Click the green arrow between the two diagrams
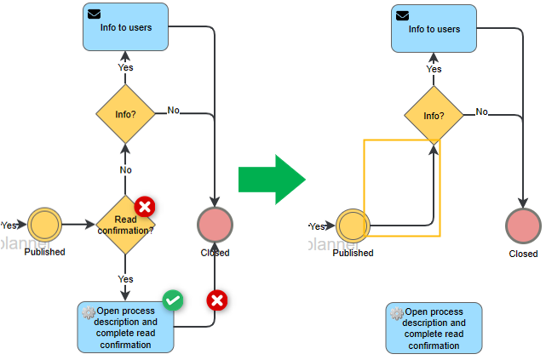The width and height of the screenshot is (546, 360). tap(271, 180)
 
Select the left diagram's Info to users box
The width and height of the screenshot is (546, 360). tap(125, 27)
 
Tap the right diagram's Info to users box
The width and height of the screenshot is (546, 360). tap(434, 30)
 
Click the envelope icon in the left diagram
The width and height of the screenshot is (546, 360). tap(95, 14)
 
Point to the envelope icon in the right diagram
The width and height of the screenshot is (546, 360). tap(403, 15)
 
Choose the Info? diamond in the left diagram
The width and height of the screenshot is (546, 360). tap(125, 113)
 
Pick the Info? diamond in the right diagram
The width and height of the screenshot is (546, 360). tap(434, 116)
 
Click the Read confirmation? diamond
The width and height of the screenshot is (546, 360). tap(125, 226)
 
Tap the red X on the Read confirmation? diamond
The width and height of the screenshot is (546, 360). tap(145, 206)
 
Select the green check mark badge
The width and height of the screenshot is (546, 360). tap(173, 300)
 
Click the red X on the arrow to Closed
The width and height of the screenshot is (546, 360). tap(217, 300)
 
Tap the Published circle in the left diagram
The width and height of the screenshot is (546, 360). tap(44, 226)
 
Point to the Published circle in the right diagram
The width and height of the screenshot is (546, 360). tap(353, 227)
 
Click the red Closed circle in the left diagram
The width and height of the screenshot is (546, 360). tap(215, 226)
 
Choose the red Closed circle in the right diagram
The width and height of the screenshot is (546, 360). tap(523, 227)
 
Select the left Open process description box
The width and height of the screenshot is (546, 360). tap(125, 328)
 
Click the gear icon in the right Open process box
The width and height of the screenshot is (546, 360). tap(397, 313)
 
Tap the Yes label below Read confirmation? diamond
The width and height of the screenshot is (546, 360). tap(125, 279)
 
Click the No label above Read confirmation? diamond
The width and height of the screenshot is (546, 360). tap(125, 170)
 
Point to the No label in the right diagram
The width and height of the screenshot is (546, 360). tap(482, 111)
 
